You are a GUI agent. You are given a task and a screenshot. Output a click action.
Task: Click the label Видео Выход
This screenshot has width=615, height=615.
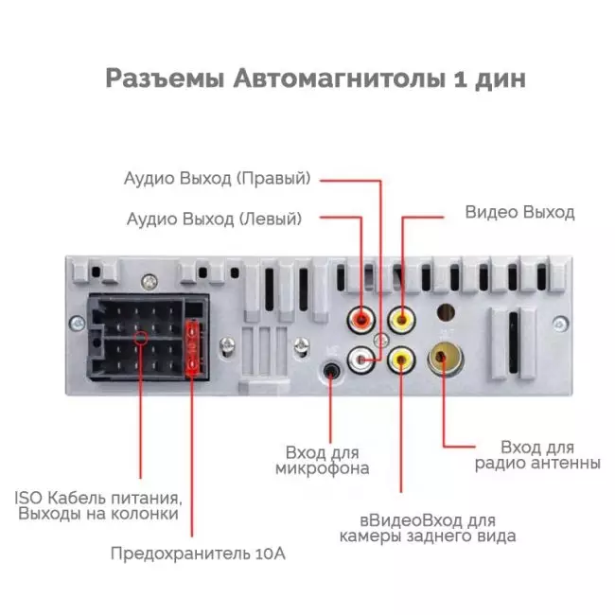519,212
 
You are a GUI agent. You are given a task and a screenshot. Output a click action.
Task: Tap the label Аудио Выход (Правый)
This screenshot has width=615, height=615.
218,178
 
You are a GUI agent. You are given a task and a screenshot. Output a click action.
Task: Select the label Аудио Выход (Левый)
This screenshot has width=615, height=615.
214,219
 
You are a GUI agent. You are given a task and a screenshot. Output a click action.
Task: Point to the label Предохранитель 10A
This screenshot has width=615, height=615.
198,553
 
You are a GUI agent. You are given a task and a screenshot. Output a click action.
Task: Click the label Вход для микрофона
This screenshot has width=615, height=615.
322,461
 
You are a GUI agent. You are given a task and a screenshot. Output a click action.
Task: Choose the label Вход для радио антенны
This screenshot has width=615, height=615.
537,455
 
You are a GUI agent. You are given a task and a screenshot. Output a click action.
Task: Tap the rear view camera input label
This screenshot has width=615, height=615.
428,528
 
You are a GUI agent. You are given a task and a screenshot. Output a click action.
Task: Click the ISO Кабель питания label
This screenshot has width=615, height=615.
98,505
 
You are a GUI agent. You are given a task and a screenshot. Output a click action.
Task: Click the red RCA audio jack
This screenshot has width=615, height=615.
360,320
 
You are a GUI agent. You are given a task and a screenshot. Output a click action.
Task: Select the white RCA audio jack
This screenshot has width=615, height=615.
360,359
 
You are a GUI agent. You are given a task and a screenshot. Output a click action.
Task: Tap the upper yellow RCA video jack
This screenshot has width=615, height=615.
401,320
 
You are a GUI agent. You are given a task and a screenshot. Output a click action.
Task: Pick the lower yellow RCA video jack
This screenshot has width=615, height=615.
401,359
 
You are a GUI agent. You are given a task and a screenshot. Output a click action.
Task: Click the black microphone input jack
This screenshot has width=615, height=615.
331,371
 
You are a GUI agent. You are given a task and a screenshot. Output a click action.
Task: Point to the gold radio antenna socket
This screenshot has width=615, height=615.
445,358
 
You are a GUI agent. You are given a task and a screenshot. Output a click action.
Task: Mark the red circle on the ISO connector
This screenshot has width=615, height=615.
141,338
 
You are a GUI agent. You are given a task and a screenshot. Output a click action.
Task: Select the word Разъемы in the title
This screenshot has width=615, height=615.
166,79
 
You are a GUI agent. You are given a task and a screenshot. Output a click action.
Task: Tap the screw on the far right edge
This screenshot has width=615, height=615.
560,325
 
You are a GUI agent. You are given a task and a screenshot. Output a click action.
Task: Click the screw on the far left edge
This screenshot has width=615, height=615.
77,324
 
